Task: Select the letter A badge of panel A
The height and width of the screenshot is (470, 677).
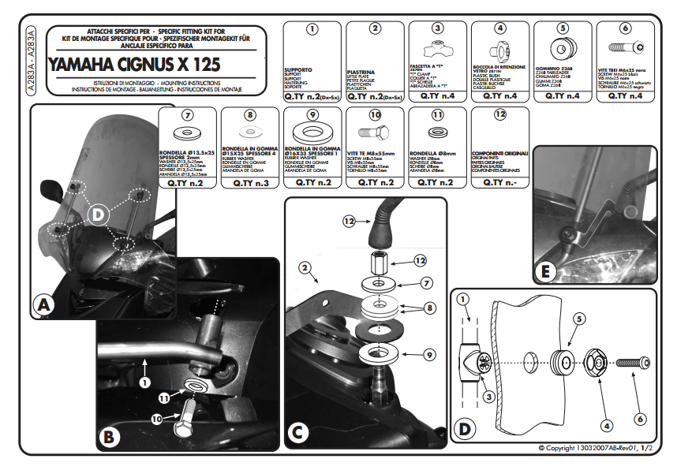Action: coord(44,304)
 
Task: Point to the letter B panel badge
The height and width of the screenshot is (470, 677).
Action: coord(110,435)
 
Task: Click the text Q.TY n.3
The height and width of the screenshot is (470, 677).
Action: coord(250,182)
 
